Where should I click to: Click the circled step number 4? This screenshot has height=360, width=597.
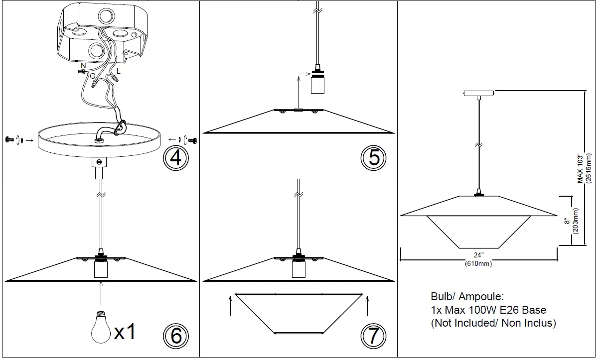pos(175,158)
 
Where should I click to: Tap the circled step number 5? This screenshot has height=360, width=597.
pos(373,158)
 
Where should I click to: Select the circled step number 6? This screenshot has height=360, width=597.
pos(175,337)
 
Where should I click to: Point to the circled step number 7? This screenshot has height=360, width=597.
pos(373,337)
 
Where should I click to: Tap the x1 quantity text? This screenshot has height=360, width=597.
pos(125,331)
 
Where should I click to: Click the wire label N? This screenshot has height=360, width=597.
pos(83,65)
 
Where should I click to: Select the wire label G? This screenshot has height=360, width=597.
pos(93,76)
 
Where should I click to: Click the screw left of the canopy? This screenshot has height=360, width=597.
pos(8,140)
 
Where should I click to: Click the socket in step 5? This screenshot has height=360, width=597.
pos(317,82)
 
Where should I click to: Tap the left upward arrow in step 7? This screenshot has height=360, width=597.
pos(230,305)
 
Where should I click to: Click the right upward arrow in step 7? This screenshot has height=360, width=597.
pos(367,305)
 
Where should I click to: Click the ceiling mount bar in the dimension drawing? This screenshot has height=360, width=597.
pos(478,93)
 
